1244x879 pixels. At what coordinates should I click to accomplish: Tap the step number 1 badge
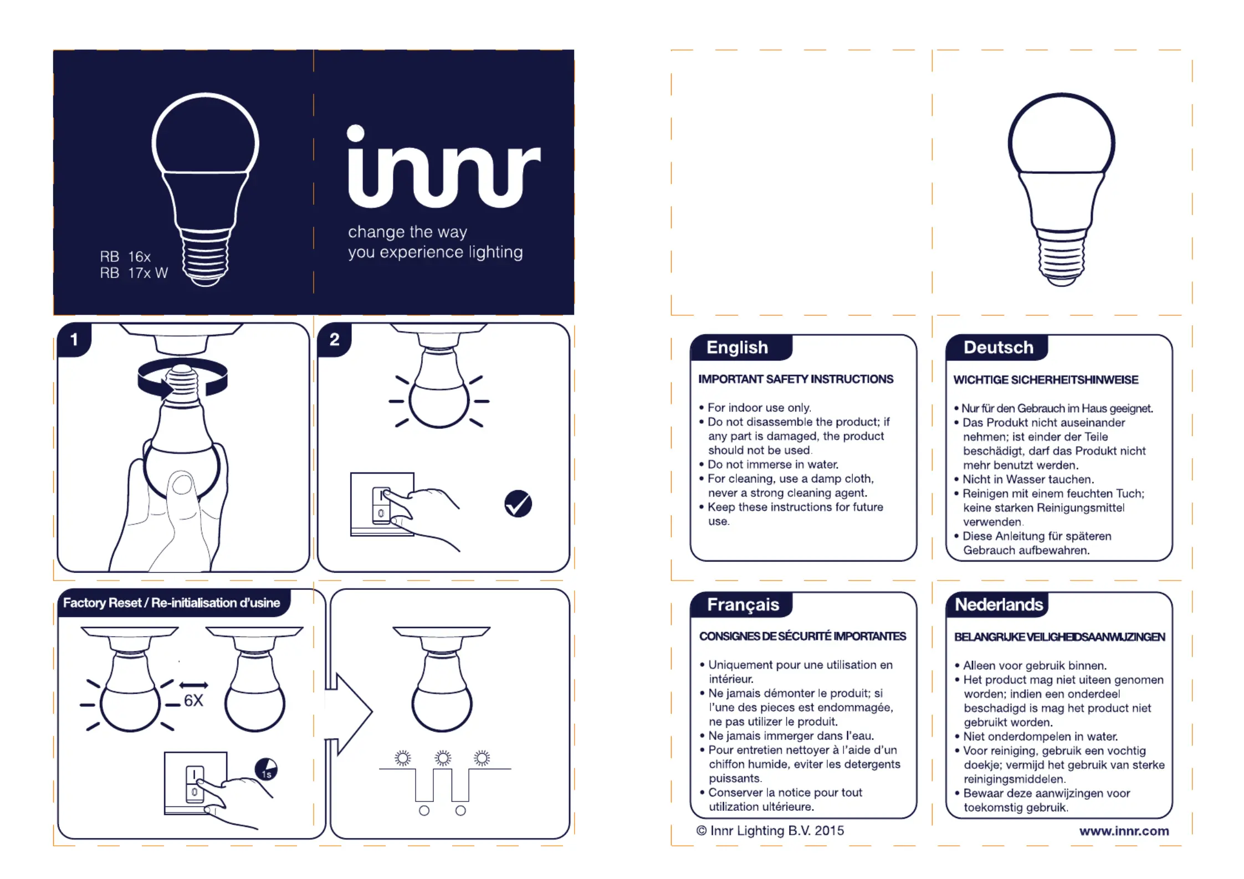pos(74,340)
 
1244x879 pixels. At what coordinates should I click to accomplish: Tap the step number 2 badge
pos(334,340)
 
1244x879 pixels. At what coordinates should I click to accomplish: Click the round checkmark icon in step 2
pos(518,503)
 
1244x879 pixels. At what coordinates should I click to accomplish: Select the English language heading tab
pos(738,347)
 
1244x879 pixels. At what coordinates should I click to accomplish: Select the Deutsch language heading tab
pos(998,347)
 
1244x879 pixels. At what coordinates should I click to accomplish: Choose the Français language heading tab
pos(743,604)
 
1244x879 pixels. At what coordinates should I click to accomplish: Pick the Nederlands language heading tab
pos(999,604)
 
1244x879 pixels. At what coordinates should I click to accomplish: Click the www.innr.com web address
pos(1124,831)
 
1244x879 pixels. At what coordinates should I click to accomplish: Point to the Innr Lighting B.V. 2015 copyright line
pos(770,831)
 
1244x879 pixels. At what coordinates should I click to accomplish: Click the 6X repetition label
pos(193,701)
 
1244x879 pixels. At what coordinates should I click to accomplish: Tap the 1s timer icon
pos(266,769)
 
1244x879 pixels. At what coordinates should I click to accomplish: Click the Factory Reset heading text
pos(172,603)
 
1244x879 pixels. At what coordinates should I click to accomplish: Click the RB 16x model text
pos(125,257)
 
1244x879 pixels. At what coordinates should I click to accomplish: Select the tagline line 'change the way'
pos(407,232)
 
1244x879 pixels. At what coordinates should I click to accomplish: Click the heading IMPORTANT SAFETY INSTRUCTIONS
pos(795,379)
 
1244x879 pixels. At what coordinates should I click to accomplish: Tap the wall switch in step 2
pos(381,505)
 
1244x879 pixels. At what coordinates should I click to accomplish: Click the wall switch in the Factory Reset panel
pos(194,783)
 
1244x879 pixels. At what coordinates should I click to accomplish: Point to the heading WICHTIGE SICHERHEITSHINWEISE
pos(1046,380)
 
